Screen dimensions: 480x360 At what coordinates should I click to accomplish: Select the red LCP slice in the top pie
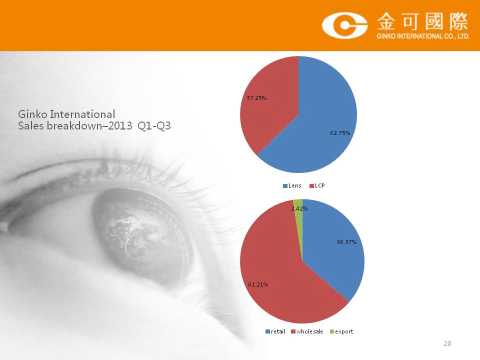tap(269, 104)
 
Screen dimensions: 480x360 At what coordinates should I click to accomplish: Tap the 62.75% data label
tap(340, 133)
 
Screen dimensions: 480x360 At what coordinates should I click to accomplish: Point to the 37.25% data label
tap(256, 98)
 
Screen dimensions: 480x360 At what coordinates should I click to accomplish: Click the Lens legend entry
tap(292, 185)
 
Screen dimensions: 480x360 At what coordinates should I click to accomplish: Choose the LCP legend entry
tap(317, 185)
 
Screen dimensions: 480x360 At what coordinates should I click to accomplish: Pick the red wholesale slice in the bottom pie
tap(275, 275)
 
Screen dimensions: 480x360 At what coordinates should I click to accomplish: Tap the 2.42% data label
tap(299, 208)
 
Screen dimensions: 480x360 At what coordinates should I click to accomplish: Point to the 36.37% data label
tap(346, 242)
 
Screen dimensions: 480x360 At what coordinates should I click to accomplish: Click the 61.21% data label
tap(258, 284)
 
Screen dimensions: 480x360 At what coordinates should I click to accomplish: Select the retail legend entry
tap(275, 331)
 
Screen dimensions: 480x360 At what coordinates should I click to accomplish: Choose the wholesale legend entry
tap(306, 331)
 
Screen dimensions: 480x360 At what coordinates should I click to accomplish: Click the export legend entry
tap(341, 331)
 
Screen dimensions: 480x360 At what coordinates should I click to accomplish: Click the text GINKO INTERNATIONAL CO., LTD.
tap(423, 36)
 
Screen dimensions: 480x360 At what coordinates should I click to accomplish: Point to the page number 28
tap(447, 343)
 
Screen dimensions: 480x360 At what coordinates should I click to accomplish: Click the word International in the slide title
tap(82, 114)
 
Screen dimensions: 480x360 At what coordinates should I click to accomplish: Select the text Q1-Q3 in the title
tap(154, 126)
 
